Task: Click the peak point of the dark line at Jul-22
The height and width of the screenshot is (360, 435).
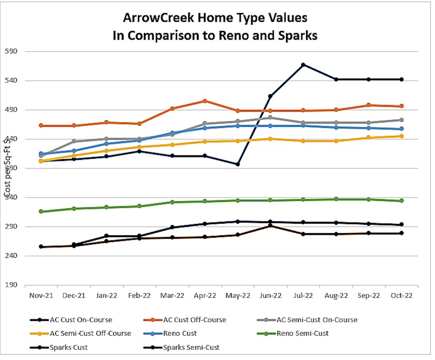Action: (303, 64)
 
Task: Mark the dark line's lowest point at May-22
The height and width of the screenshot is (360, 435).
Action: (237, 165)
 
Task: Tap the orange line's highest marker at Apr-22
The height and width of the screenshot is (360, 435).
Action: (204, 101)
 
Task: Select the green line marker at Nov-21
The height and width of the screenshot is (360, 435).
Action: (41, 211)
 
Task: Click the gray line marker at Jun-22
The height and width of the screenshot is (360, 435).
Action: (270, 117)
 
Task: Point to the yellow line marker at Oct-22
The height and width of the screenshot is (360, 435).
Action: (402, 136)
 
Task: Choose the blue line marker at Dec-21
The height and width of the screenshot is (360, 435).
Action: (74, 151)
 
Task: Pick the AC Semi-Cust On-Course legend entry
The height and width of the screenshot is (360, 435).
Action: (317, 319)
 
